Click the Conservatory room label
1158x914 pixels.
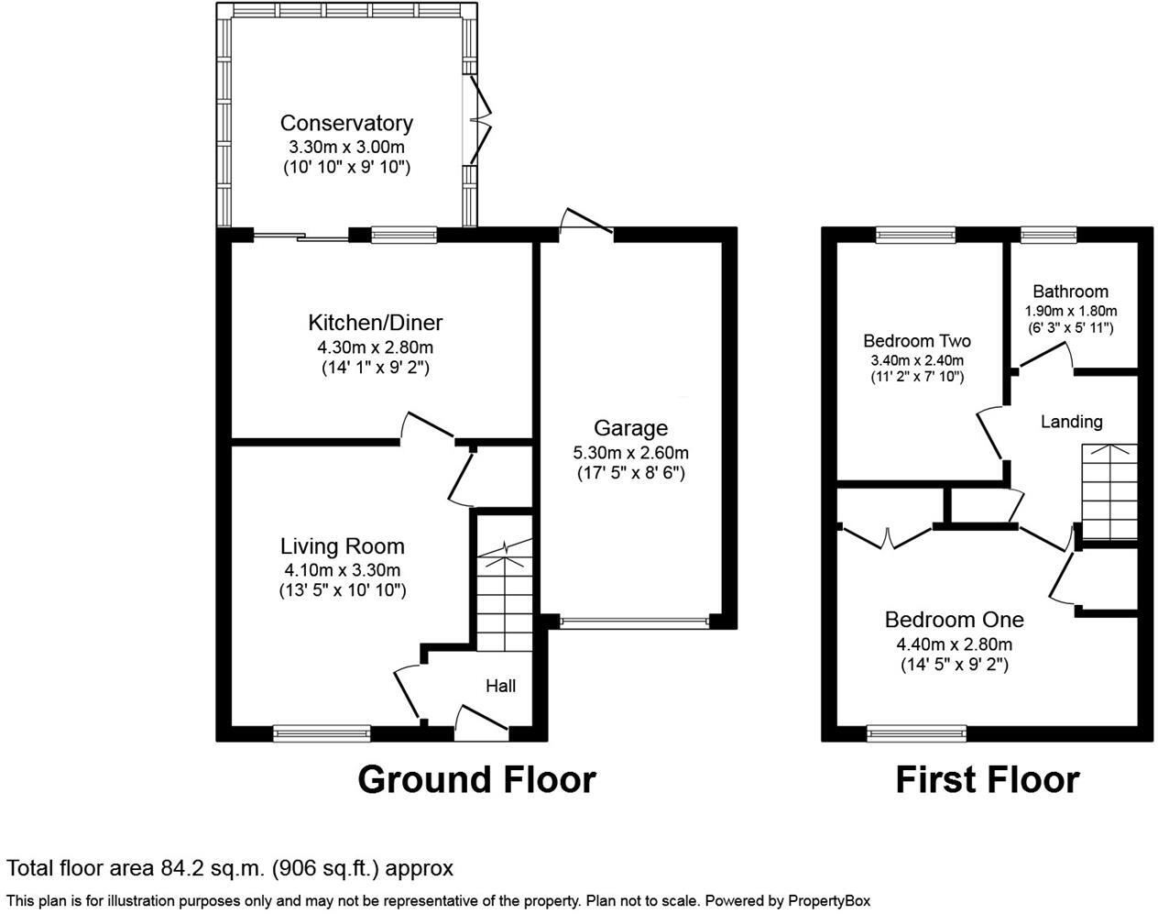tap(346, 123)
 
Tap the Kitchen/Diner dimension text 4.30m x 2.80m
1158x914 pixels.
tap(375, 347)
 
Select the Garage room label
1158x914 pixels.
tap(630, 428)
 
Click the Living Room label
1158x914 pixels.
tap(342, 546)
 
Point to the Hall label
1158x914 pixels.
tap(500, 686)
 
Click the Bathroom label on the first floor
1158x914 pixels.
tap(1070, 292)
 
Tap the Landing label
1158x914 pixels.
tap(1071, 422)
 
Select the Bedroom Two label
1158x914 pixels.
tap(917, 341)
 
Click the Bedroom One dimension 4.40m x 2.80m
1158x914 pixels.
tap(954, 644)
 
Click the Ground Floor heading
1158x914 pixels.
tap(476, 779)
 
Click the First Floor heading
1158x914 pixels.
tap(987, 779)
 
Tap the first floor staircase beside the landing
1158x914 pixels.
tap(1109, 492)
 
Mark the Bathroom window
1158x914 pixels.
tap(1048, 235)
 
